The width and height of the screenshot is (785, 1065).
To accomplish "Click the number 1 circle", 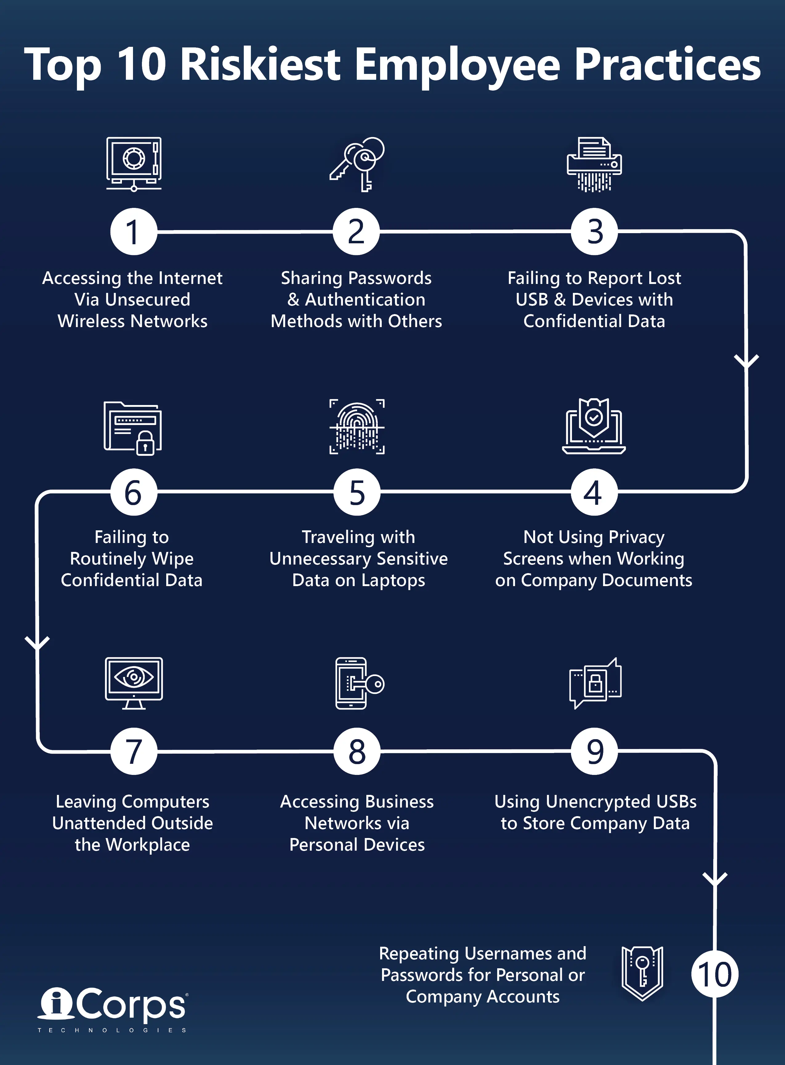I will (x=134, y=232).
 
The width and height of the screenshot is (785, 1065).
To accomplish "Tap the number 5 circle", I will (x=357, y=492).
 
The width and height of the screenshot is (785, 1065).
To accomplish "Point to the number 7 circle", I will (x=134, y=751).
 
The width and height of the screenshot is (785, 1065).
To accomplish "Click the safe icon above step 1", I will (x=134, y=163).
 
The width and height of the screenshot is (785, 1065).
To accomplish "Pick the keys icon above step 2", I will (x=357, y=164).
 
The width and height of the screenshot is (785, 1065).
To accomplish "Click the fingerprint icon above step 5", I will (x=357, y=427).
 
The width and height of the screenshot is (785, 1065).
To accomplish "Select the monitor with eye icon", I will (x=134, y=683).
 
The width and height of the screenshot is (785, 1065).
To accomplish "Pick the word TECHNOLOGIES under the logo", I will (x=112, y=1030).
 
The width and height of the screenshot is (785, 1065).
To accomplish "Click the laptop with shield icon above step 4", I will (x=594, y=427).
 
